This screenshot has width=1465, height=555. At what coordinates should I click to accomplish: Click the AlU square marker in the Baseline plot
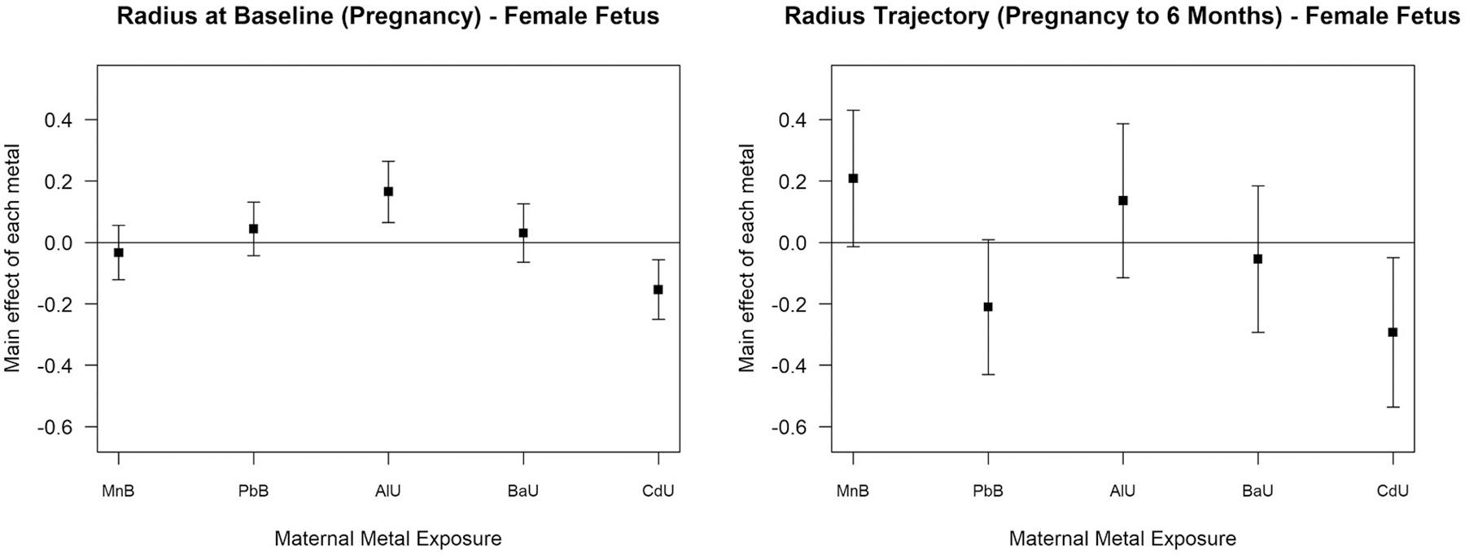click(388, 191)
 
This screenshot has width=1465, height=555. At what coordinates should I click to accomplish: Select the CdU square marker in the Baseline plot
click(658, 289)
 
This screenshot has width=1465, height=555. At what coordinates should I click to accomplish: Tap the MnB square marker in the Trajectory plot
click(853, 178)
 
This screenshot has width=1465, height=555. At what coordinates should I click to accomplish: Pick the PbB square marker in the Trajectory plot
click(988, 307)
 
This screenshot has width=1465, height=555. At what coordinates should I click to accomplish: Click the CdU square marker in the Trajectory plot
click(1393, 332)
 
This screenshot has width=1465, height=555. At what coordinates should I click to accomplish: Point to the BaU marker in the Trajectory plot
click(1257, 259)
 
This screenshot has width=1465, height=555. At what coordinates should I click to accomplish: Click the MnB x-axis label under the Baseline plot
click(119, 491)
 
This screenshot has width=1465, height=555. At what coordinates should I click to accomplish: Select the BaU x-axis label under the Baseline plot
click(523, 491)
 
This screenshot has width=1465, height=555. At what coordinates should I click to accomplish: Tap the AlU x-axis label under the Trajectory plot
click(1122, 491)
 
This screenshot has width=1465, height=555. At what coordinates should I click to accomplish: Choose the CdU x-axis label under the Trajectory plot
click(1392, 491)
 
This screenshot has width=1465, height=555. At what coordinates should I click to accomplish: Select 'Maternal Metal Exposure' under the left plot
click(387, 539)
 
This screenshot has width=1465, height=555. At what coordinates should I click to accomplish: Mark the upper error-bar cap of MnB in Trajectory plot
click(853, 110)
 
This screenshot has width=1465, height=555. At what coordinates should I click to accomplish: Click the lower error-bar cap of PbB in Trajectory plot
click(988, 374)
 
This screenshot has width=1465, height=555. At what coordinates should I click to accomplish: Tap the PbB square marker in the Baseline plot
click(253, 229)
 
